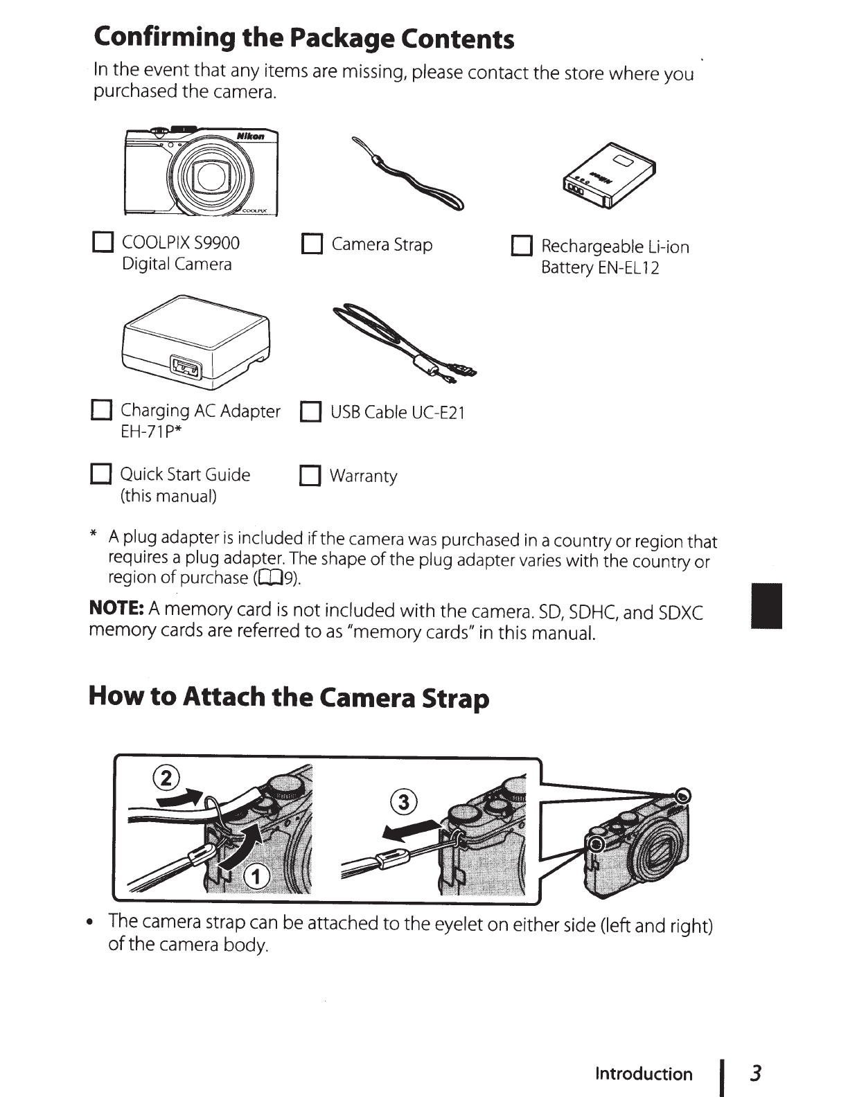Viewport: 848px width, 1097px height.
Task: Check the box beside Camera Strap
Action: tap(312, 244)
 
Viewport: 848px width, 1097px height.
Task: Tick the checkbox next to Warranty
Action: tap(310, 476)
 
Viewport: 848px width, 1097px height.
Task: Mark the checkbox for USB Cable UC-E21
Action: tap(310, 413)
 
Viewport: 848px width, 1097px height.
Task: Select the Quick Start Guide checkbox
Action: tap(101, 475)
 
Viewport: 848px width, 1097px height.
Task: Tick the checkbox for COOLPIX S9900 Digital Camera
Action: tap(103, 244)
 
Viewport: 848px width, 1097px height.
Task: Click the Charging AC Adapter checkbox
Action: tap(101, 411)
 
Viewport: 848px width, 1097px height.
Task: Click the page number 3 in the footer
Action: tap(756, 1073)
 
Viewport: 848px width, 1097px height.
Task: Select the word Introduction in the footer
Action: tap(644, 1074)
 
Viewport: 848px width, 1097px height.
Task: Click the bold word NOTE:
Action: tap(116, 609)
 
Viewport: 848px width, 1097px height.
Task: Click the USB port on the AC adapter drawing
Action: tap(186, 368)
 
